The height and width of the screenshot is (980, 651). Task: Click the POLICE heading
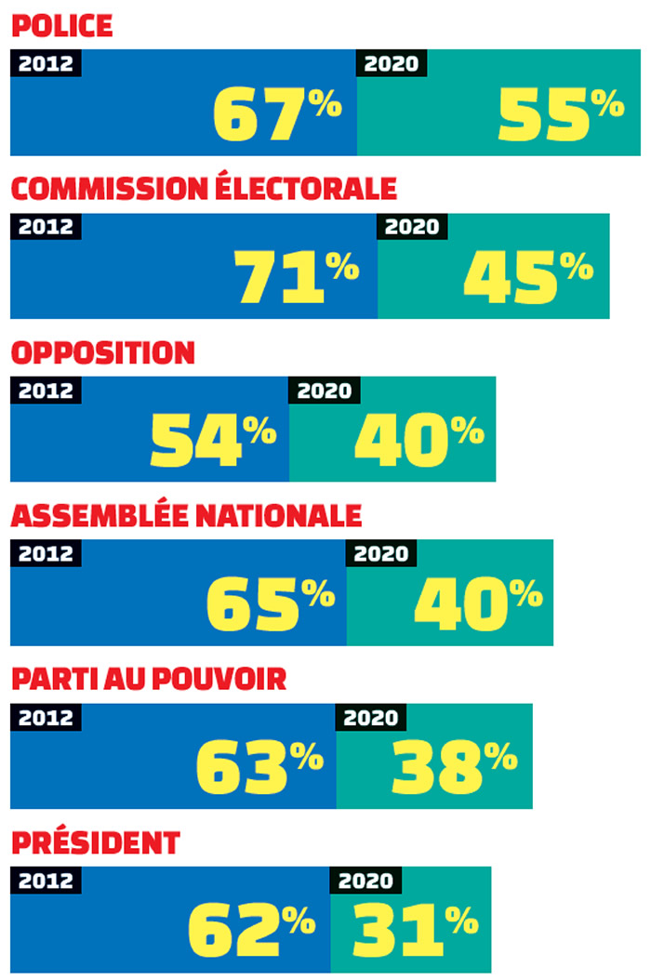[x=61, y=25]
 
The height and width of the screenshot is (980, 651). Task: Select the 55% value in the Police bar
[x=561, y=113]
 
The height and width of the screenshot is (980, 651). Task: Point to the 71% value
[x=296, y=277]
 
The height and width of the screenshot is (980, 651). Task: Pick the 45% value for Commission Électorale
[x=527, y=277]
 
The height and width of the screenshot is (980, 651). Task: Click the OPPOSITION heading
[x=102, y=352]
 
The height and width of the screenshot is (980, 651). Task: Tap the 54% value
[x=213, y=440]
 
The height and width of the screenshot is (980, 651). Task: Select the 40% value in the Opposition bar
[x=418, y=440]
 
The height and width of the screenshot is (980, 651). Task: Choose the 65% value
[x=270, y=603]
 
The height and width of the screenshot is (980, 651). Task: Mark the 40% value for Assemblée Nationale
[x=477, y=603]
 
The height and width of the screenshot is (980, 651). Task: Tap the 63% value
[x=259, y=767]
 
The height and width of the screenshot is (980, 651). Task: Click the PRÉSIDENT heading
[x=95, y=843]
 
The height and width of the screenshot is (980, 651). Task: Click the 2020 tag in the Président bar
[x=365, y=881]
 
